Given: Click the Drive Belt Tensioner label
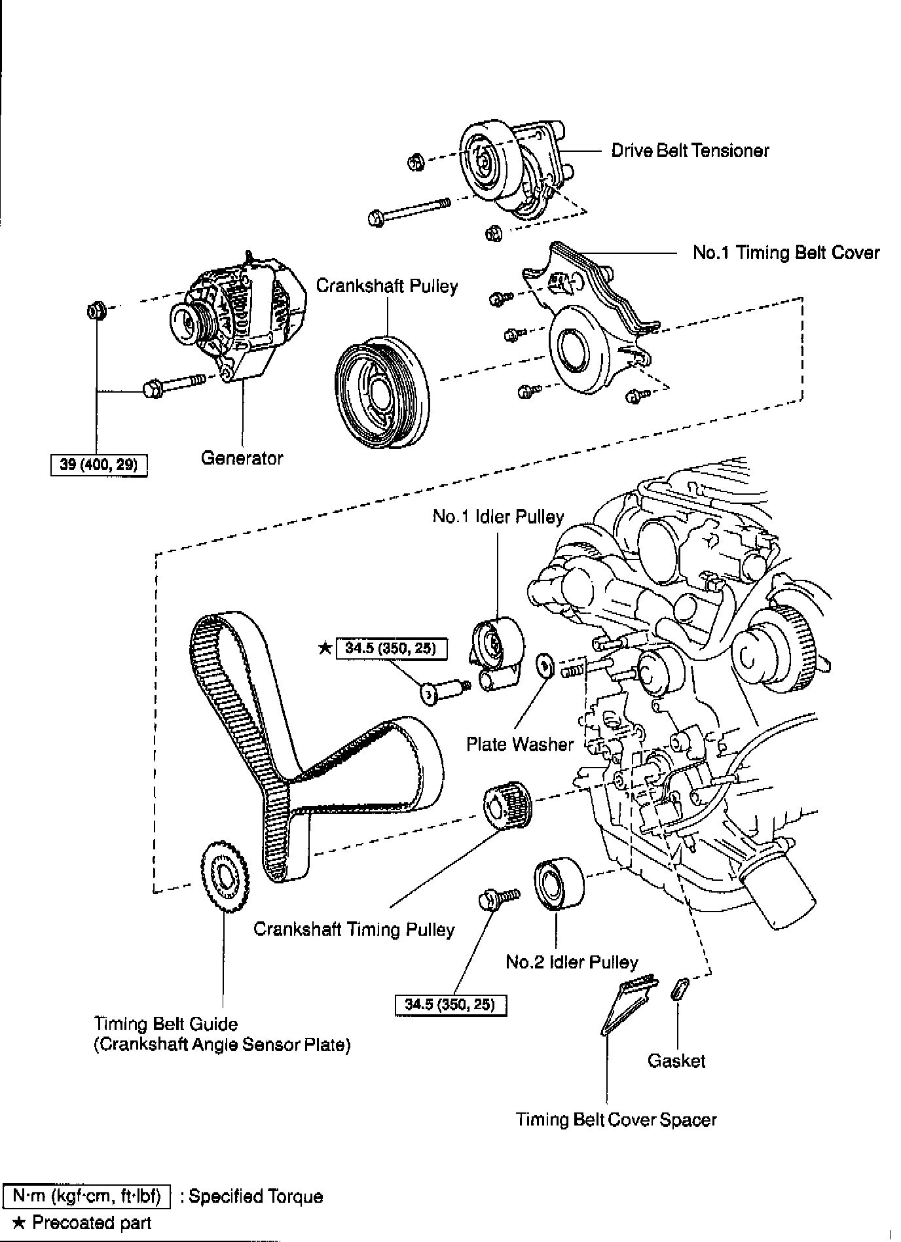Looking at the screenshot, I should [690, 151].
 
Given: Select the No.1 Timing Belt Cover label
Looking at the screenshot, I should [786, 253].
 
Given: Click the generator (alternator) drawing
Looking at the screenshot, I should [239, 321].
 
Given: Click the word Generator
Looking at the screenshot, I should [242, 458].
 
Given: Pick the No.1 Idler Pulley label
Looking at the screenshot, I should [498, 517].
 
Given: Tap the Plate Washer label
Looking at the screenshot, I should [519, 744].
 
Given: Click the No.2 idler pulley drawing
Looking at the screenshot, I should [558, 884].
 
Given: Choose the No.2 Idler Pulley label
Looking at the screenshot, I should [572, 962].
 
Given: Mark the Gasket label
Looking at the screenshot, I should [676, 1060].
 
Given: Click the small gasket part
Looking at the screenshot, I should [678, 989].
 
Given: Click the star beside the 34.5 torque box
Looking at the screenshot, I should [324, 648].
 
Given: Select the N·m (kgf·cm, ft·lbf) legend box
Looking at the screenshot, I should [87, 1196].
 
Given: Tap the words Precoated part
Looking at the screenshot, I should [92, 1223].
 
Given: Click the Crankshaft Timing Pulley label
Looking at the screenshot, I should [354, 929].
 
